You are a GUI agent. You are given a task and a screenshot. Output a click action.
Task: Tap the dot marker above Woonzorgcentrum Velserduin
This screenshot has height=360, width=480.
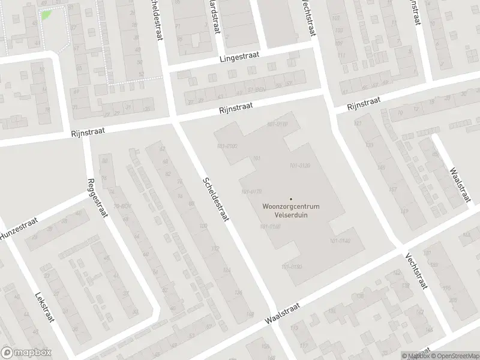[291, 199]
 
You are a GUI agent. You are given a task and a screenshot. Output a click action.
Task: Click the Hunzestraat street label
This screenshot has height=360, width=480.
[19, 229]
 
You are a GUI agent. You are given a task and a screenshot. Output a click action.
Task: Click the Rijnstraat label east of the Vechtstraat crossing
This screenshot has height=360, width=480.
[365, 106]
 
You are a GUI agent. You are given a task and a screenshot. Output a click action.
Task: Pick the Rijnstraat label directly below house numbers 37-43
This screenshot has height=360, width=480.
[235, 107]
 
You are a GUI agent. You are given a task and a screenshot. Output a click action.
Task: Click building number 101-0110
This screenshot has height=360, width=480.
[278, 124]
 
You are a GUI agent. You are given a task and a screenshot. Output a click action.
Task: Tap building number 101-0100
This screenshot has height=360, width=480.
[227, 146]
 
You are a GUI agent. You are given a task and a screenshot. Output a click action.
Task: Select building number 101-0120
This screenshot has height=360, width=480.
[299, 165]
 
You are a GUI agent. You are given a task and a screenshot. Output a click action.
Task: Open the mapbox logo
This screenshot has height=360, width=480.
[26, 353]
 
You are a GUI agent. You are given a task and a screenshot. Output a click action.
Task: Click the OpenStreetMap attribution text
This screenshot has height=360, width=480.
[454, 356]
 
